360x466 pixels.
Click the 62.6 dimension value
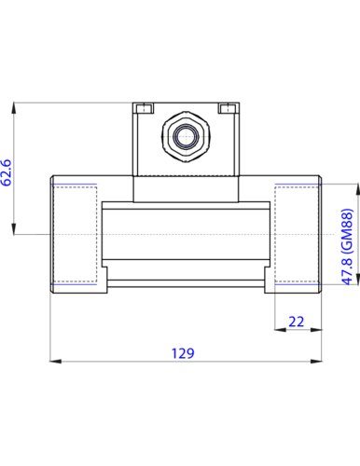[7, 172]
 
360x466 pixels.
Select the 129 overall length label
[183, 353]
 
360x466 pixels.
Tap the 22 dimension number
[296, 322]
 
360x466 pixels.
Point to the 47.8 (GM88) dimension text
[348, 247]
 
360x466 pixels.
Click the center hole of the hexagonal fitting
[186, 136]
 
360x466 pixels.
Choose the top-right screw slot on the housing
[227, 108]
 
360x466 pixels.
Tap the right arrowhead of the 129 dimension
[316, 361]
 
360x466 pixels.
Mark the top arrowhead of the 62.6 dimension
[14, 108]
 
